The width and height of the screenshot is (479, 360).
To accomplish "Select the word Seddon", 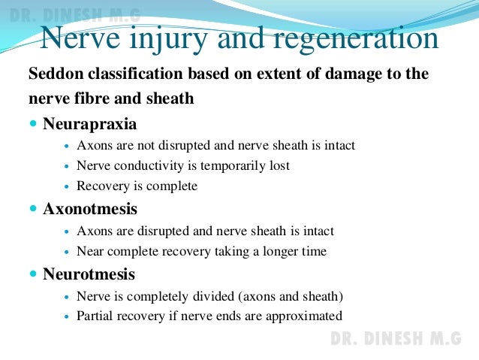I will click(55, 75).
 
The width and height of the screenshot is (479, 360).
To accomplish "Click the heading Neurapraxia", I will click(90, 123).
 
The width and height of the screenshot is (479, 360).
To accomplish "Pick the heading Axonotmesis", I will click(90, 209).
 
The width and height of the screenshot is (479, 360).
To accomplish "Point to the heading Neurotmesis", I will click(89, 274).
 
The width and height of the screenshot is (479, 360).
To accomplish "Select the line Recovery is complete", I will click(137, 186).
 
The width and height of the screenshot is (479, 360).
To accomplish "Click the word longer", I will click(281, 252).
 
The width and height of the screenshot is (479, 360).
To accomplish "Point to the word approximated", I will click(306, 316).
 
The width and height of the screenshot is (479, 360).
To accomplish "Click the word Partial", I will click(95, 316).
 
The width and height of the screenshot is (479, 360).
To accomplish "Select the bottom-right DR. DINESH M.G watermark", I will click(396, 339).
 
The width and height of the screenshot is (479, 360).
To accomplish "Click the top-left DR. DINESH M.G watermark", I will click(71, 14).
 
